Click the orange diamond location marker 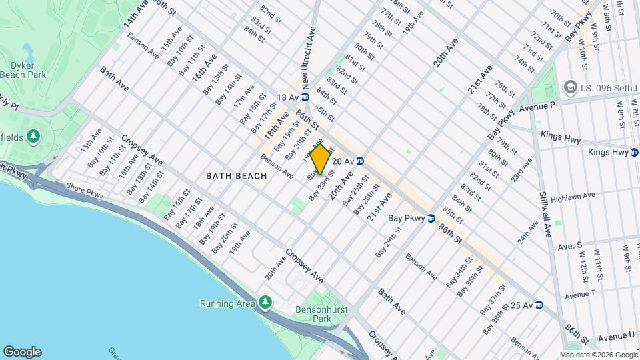pyautogui.click(x=320, y=159)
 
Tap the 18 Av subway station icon pyautogui.click(x=305, y=97)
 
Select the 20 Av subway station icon pyautogui.click(x=360, y=161)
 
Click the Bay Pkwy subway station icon pyautogui.click(x=431, y=218)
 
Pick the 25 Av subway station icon pyautogui.click(x=539, y=305)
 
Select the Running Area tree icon pyautogui.click(x=265, y=303)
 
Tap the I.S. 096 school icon pyautogui.click(x=570, y=87)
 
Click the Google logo pyautogui.click(x=22, y=352)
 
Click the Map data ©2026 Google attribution pyautogui.click(x=598, y=355)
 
